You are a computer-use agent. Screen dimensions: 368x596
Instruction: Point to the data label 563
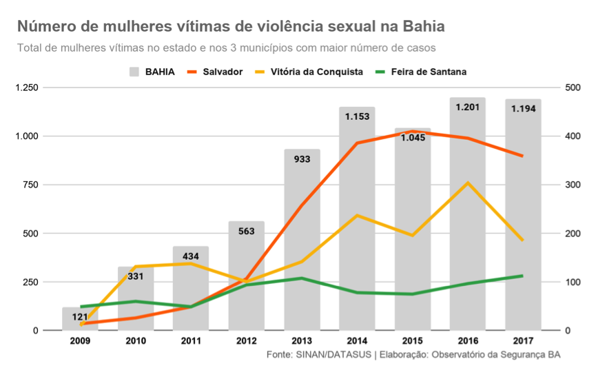point(246,232)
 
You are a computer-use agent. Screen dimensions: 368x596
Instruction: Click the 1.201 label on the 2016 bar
point(468,107)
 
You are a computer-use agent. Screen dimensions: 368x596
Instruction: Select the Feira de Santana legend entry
point(420,71)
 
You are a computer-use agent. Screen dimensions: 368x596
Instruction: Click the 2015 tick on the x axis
point(412,340)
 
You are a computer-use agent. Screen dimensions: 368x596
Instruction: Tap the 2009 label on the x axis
point(80,340)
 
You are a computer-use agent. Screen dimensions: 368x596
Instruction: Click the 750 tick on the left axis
point(32,185)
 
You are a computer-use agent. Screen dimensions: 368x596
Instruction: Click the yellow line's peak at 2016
point(468,183)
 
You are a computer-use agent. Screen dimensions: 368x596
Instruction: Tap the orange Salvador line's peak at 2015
point(412,131)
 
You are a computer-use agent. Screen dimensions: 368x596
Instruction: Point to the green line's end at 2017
point(523,276)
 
